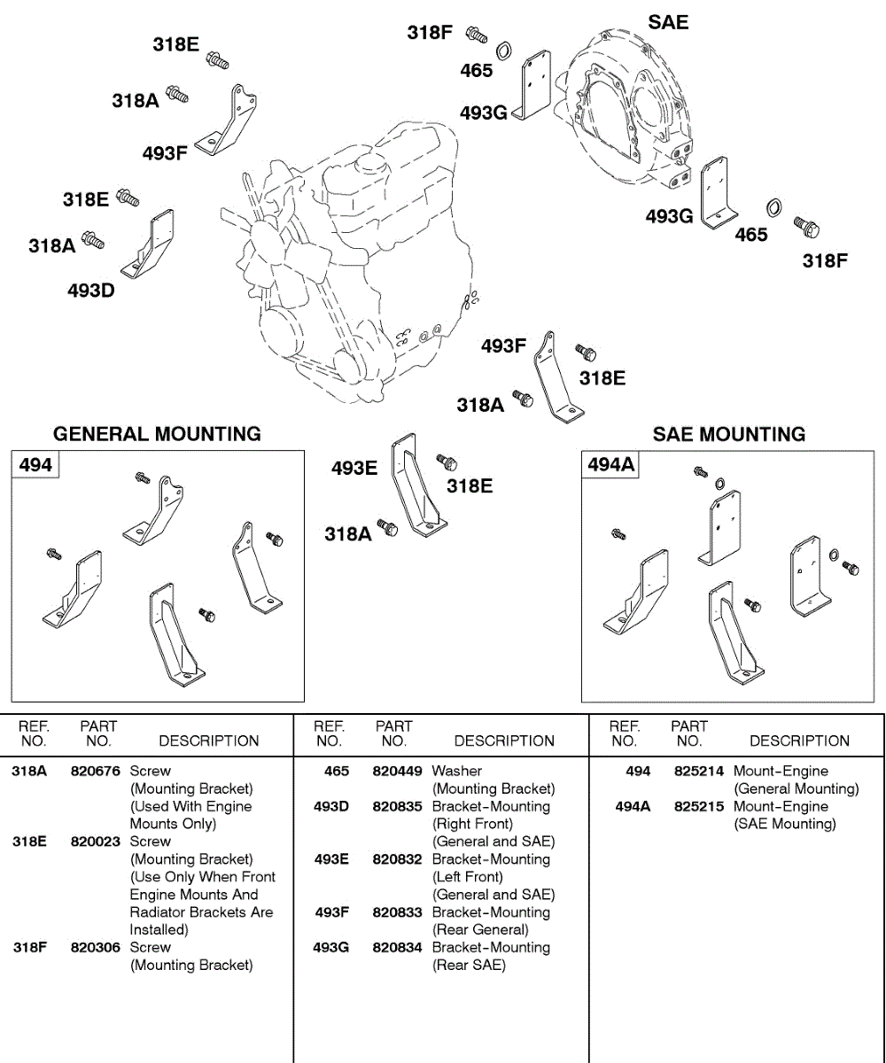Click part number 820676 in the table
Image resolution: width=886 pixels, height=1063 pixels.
tap(95, 772)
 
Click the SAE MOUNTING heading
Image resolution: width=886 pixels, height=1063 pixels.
tap(729, 434)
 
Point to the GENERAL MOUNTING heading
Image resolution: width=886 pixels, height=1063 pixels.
tap(157, 434)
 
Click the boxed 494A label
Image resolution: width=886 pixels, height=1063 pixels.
tap(611, 464)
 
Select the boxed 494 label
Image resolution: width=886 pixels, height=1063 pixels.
tap(35, 464)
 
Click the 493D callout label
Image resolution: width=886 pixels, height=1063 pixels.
tap(91, 291)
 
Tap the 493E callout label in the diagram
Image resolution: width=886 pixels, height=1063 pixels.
tap(354, 468)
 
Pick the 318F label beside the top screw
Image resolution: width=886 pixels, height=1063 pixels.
tap(430, 33)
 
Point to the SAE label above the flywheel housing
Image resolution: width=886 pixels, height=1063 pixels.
tap(668, 22)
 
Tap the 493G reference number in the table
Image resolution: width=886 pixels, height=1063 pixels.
tap(331, 948)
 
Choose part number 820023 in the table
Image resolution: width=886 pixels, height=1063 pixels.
tap(95, 842)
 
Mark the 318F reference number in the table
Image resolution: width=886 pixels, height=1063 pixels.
tap(29, 948)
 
